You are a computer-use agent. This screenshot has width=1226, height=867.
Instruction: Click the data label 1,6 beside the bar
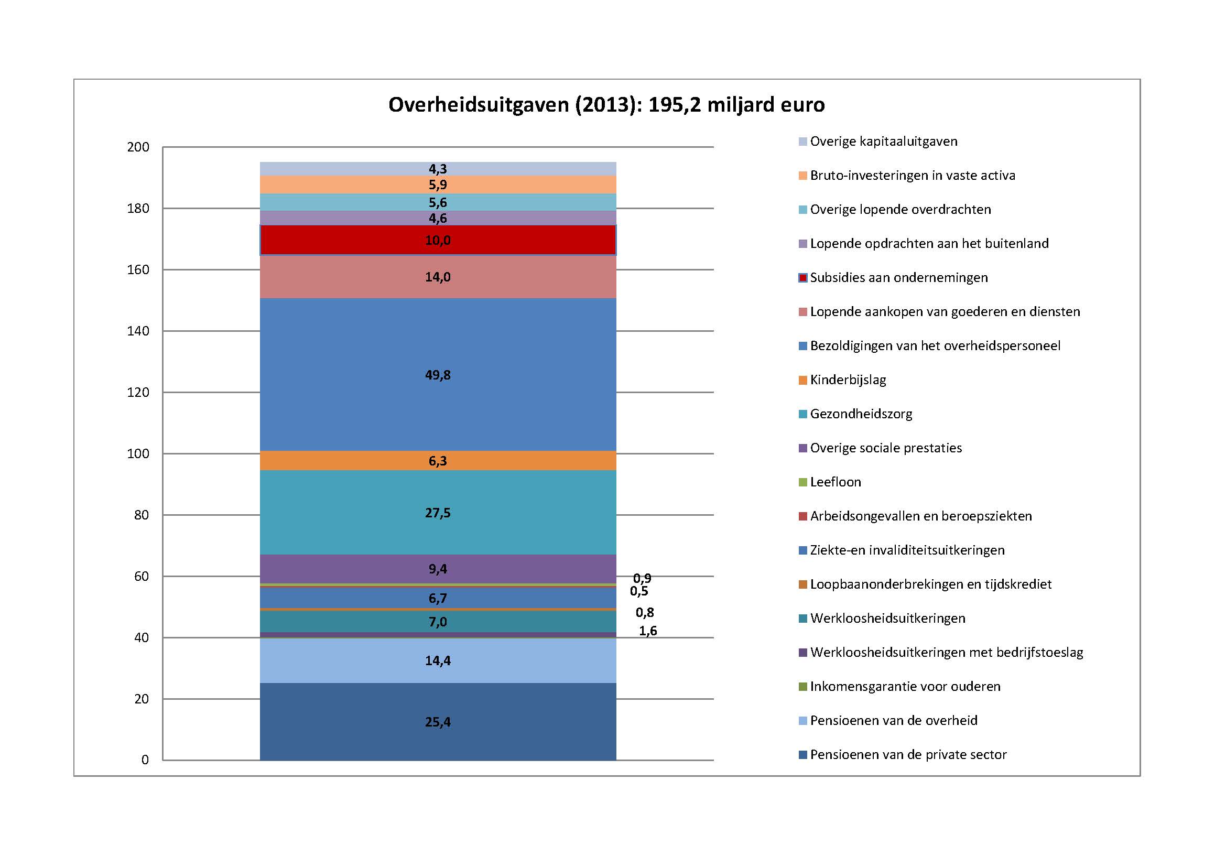pos(648,631)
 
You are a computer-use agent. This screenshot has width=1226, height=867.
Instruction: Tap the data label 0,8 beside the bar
pos(645,612)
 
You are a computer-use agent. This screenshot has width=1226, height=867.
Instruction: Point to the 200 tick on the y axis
pos(138,147)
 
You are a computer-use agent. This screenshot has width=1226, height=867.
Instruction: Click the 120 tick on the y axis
pos(138,393)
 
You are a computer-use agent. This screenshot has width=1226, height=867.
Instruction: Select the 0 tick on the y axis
pos(145,760)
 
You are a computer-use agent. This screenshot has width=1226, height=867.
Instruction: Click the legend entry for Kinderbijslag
pos(848,380)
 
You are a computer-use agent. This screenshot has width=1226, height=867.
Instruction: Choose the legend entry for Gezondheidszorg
pos(861,414)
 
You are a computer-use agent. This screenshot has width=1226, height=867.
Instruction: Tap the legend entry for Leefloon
pos(835,482)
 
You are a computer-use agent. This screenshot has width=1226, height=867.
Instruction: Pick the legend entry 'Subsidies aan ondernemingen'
pos(898,278)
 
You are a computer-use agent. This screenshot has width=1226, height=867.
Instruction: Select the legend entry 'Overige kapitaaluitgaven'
pos(883,142)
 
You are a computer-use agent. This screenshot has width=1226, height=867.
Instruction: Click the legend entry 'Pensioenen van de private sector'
pos(908,755)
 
